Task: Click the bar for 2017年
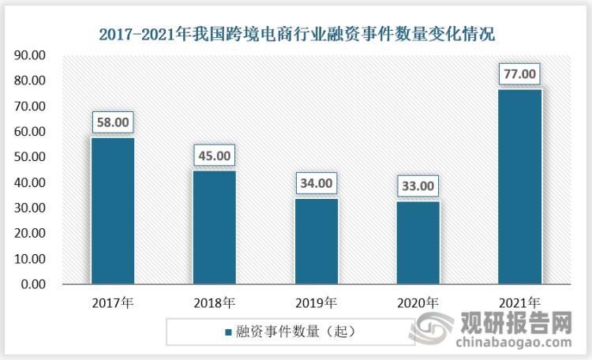click(113, 211)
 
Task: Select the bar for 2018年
click(215, 227)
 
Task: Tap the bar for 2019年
click(317, 241)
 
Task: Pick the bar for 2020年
click(418, 242)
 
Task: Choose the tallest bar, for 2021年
click(519, 186)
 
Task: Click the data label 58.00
click(113, 123)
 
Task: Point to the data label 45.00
click(215, 156)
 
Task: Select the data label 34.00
click(317, 184)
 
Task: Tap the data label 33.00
click(418, 186)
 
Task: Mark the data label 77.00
click(519, 75)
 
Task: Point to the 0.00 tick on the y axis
click(34, 284)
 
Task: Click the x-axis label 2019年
click(317, 302)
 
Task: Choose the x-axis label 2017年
click(113, 302)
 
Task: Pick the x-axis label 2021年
click(519, 302)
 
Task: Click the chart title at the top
click(297, 34)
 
